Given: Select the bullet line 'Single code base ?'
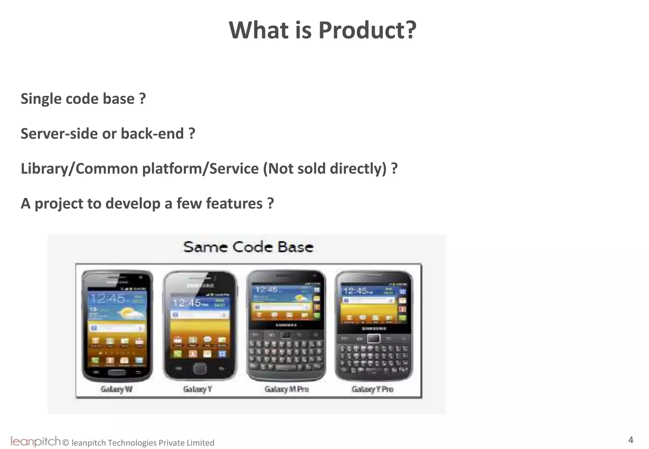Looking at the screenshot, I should point(83,99).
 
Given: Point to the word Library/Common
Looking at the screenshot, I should point(79,168).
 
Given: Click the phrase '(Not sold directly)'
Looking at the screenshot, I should point(325,168).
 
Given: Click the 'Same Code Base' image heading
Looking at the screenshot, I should point(248,247).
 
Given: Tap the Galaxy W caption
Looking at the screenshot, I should point(117,389).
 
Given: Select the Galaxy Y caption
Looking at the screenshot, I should point(197,389).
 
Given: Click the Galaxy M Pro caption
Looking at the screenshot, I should point(286,389).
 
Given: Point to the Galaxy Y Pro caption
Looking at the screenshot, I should point(372,389).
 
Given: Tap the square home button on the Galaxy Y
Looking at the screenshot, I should point(200,368).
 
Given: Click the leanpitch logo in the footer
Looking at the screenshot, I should point(35,441).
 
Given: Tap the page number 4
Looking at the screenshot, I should point(631,440).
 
